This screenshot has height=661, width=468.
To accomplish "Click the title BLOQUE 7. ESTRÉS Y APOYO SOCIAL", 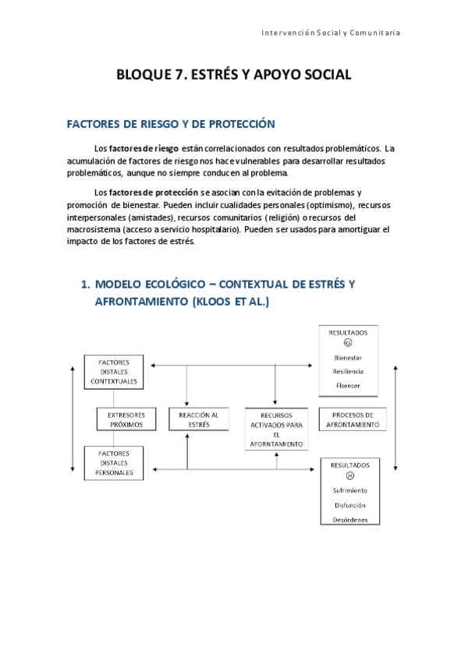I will tap(234, 75).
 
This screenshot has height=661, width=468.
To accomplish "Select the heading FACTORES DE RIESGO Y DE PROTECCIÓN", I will tap(172, 123).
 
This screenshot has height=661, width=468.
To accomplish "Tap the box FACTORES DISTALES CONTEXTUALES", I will tap(114, 372).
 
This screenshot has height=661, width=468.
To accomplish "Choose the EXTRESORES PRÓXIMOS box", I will tap(126, 419).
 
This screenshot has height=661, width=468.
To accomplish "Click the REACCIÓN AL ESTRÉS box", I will tap(198, 419).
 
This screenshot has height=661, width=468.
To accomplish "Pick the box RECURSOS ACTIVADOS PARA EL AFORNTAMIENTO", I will tap(276, 429).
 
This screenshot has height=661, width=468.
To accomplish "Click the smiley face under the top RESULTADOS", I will tap(348, 342).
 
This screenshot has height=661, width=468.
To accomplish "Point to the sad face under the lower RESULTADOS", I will tap(350, 475).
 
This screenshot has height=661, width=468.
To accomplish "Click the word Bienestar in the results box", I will tap(348, 357).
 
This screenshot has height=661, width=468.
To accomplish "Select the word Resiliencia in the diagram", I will tap(348, 372).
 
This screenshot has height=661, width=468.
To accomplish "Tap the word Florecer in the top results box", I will tap(348, 386).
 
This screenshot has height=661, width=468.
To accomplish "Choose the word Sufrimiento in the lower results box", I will tap(350, 490).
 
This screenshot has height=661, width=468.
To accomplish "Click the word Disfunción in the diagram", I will tap(350, 505).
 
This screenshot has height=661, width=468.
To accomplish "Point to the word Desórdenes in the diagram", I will tap(350, 519).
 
